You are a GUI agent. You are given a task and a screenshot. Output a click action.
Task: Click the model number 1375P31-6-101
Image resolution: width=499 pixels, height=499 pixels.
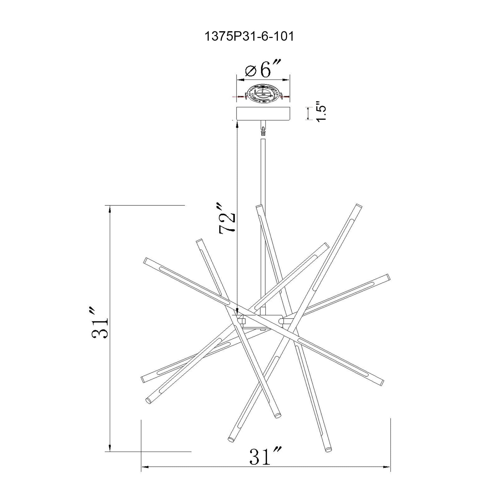(249, 37)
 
